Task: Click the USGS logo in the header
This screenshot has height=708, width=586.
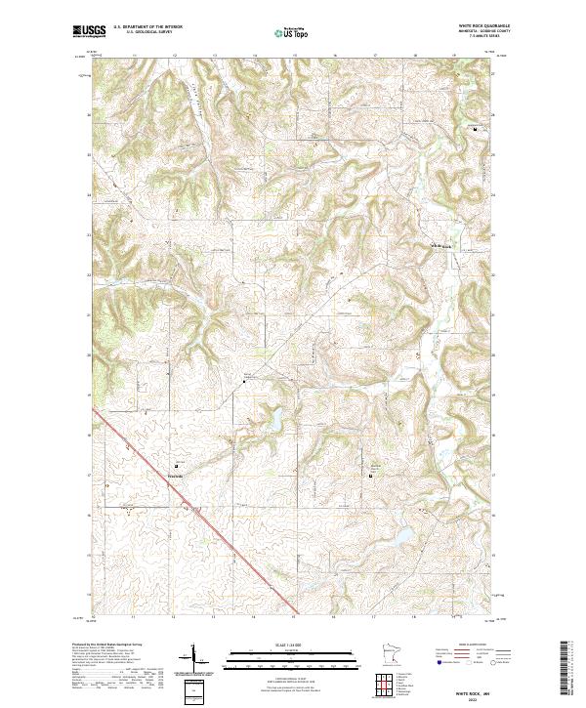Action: (89, 31)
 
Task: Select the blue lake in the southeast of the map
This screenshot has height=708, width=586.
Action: (401, 535)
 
